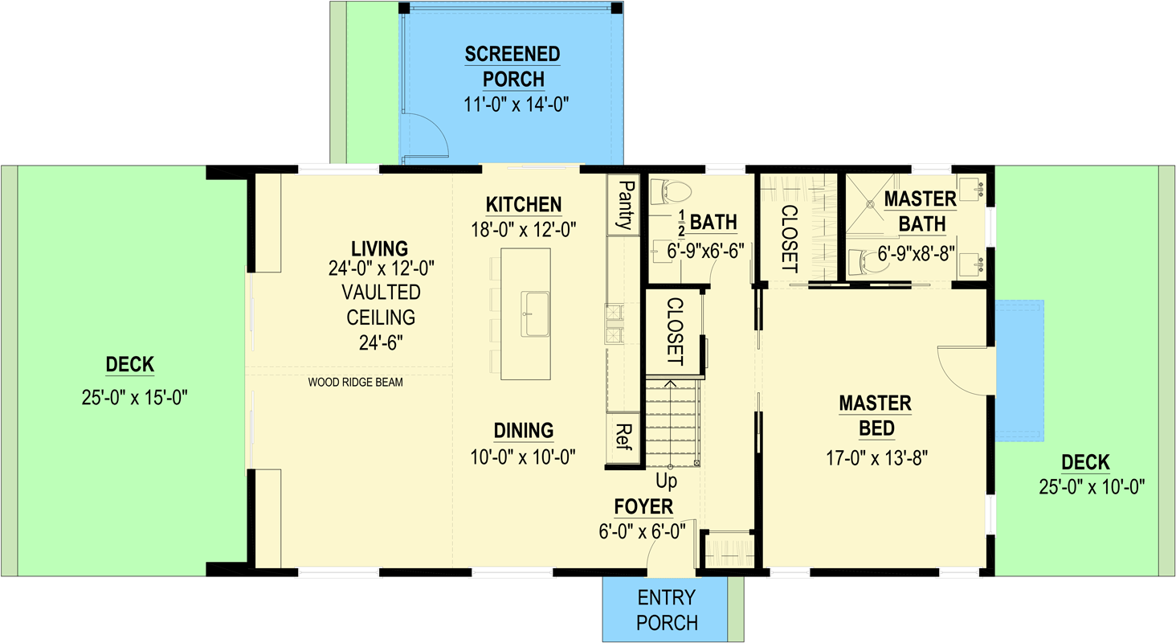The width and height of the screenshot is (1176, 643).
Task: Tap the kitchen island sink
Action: coord(535,313)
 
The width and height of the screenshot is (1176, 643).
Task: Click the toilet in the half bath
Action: coord(671,192)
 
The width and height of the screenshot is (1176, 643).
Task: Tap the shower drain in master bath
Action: coord(870,203)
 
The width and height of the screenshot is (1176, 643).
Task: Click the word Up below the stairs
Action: coord(666,481)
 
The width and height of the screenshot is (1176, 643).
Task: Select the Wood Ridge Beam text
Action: coord(355,383)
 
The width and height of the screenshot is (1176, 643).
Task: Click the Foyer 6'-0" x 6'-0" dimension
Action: coord(642,531)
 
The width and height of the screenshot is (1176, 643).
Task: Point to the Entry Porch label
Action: coord(667,610)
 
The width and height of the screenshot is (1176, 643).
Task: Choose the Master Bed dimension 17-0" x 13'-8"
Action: coord(876,458)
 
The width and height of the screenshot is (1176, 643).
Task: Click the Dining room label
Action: coord(524,431)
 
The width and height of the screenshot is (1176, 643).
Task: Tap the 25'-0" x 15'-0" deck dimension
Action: coord(134,398)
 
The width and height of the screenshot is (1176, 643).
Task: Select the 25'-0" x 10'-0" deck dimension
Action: coord(1092,487)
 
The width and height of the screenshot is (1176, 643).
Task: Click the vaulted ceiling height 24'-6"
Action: coord(381,343)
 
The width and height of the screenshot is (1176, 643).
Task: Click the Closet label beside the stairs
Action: coord(675,331)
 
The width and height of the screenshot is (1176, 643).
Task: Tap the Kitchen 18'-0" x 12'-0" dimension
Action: coord(524,230)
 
